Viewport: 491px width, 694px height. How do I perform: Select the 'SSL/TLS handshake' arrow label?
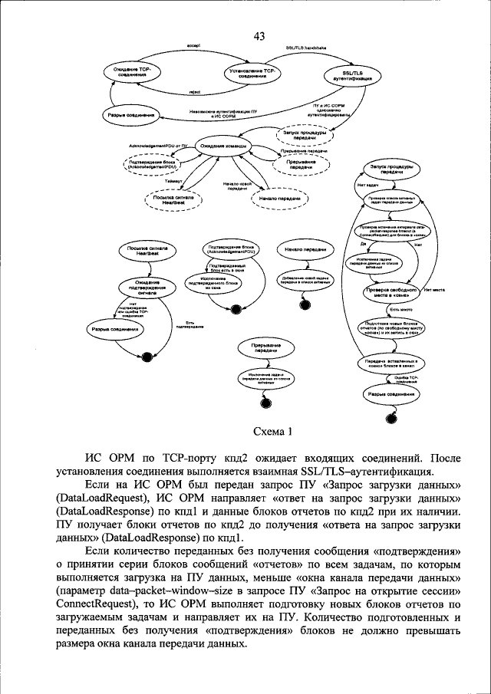[305, 48]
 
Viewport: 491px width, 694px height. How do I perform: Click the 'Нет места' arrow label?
[433, 290]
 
